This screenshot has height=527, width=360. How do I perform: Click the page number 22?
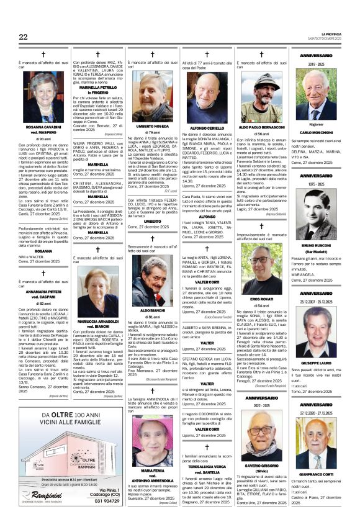(23, 37)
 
